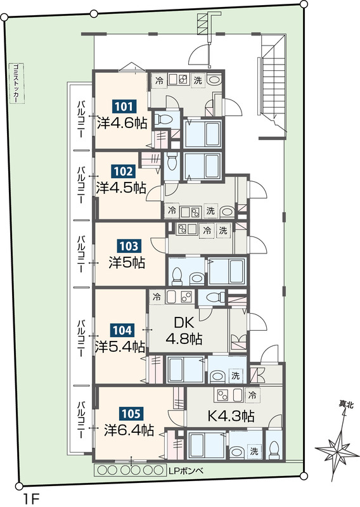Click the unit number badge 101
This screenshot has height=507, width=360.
(124, 106)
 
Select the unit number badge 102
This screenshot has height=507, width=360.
(123, 171)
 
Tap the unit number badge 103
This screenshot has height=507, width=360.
(129, 247)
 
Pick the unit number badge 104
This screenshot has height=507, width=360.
(122, 330)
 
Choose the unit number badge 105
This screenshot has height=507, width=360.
(131, 414)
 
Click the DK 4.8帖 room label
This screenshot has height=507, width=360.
(184, 330)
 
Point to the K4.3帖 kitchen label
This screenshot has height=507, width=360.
(230, 416)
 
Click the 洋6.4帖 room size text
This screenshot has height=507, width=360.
(129, 430)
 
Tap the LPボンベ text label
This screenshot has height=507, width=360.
(186, 471)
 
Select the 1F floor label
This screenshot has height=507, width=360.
(31, 498)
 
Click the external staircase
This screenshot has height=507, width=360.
(273, 86)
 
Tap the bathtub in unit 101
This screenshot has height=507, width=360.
(203, 134)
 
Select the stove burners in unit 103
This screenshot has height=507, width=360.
(182, 229)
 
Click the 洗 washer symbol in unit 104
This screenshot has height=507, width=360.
(235, 376)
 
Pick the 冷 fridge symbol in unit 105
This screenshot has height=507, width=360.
(253, 395)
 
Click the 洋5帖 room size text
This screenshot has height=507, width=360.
(127, 262)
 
